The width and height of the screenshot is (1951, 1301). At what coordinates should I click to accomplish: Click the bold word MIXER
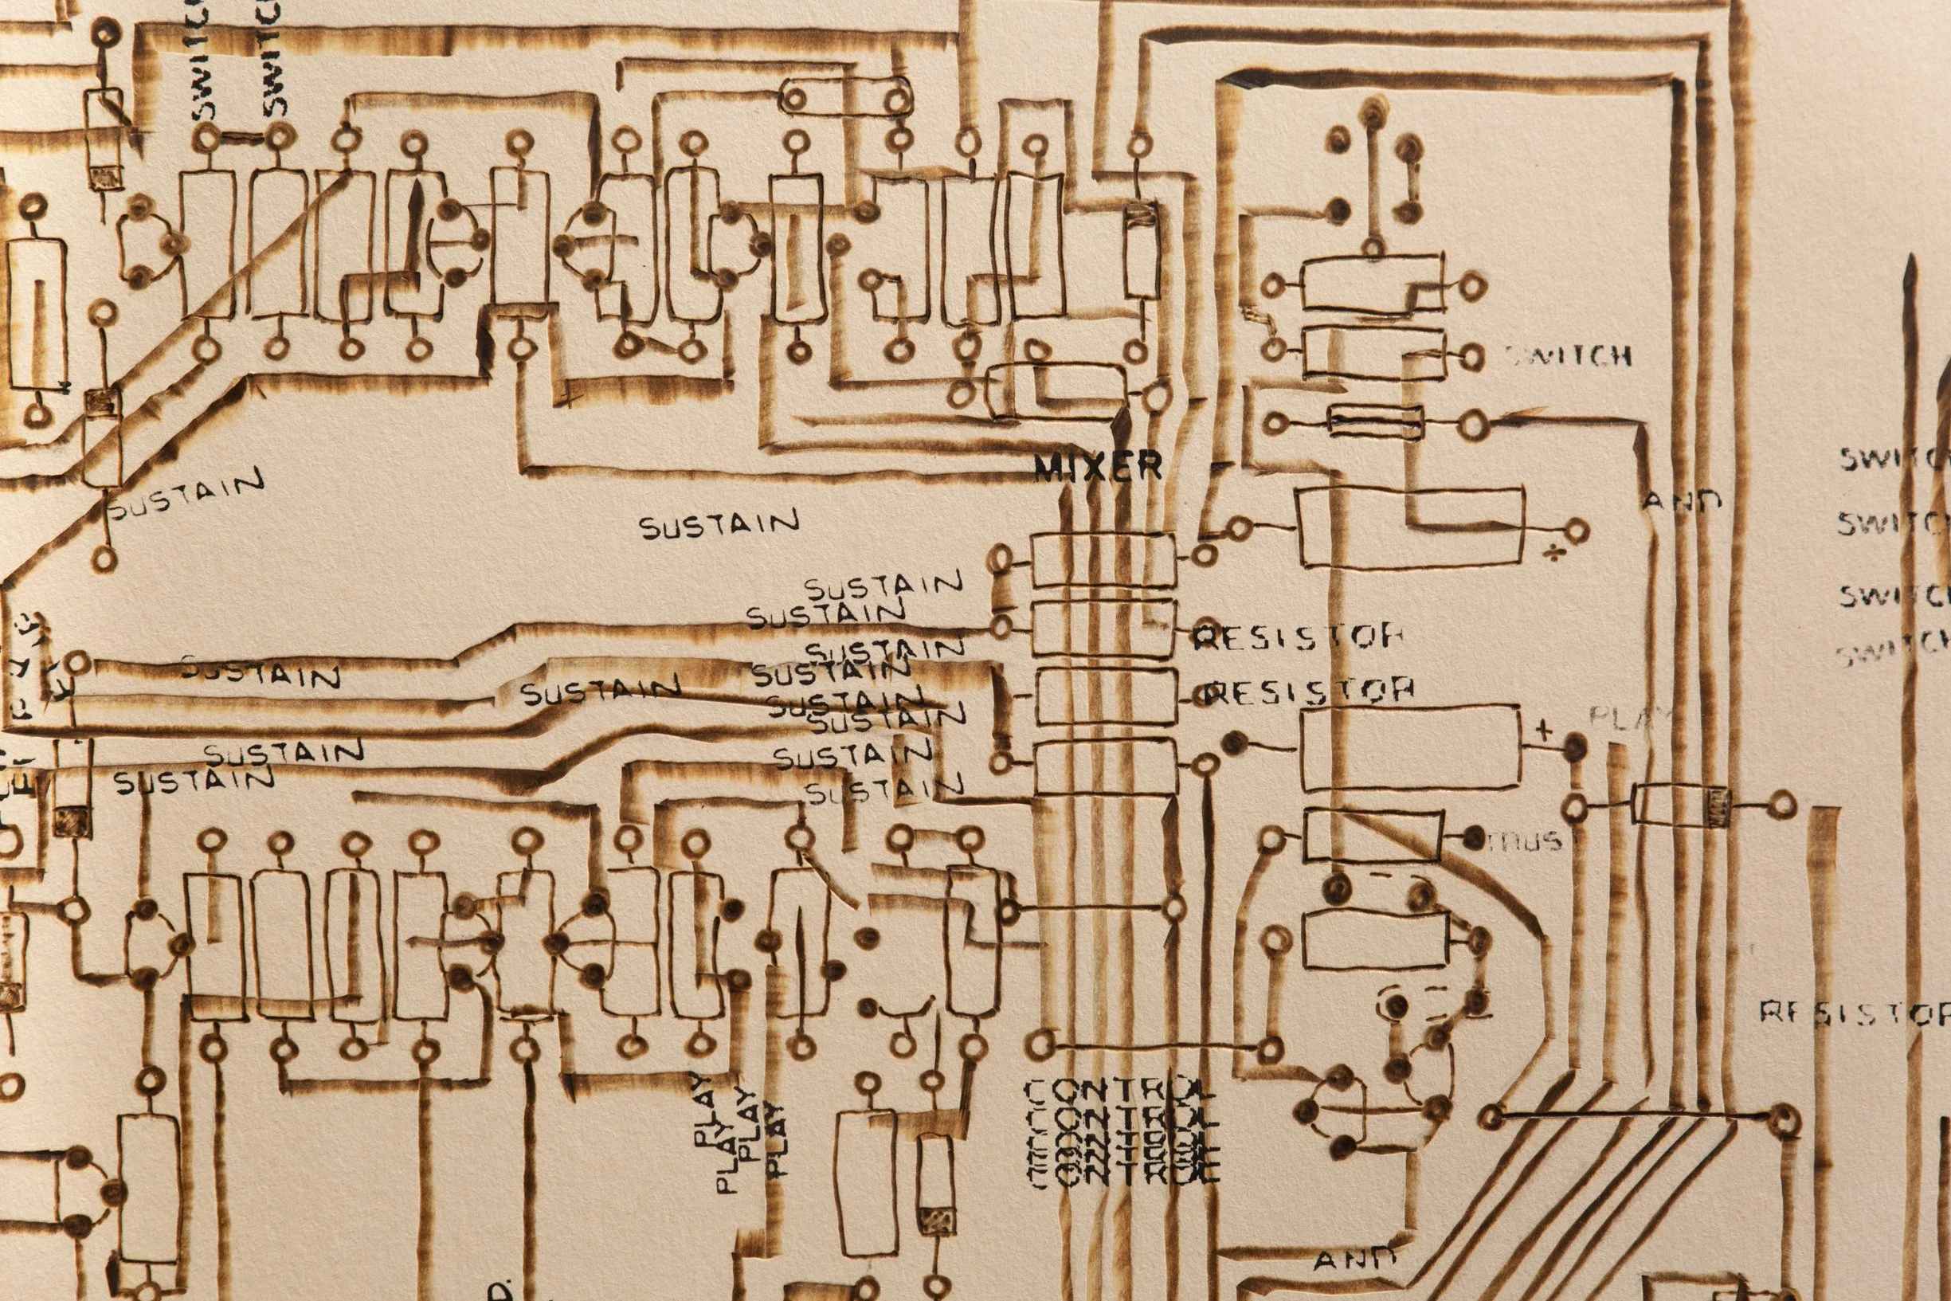tap(1097, 468)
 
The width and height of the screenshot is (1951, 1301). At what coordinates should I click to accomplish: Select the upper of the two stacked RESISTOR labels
tap(1298, 637)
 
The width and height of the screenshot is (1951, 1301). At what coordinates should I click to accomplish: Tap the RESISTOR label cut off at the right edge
tap(1854, 1013)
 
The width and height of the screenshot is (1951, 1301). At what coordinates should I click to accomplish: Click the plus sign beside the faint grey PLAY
tap(1543, 731)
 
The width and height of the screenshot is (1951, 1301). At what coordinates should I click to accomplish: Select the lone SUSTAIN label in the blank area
tap(719, 523)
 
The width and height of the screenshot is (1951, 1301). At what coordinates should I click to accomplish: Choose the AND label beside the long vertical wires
tap(1683, 501)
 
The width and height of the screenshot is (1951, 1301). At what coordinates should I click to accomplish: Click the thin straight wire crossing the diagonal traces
tap(1634, 1116)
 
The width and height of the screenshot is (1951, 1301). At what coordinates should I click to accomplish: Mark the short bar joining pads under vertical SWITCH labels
tap(241, 135)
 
